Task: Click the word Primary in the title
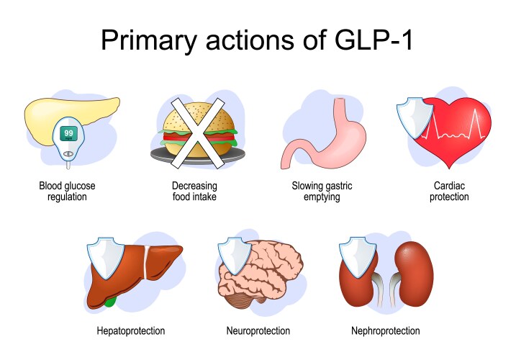(149, 41)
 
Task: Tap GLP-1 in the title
(374, 40)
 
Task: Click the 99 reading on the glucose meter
(68, 133)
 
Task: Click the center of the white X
(197, 133)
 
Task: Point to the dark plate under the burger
(198, 155)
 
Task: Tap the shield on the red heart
(415, 117)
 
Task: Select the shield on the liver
(105, 258)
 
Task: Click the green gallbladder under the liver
(111, 302)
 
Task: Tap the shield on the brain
(235, 256)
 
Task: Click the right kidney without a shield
(414, 274)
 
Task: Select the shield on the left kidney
(358, 257)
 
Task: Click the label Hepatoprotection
(131, 330)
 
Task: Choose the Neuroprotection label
(258, 330)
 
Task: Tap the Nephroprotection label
(385, 330)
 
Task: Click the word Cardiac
(449, 186)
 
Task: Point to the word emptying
(322, 197)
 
